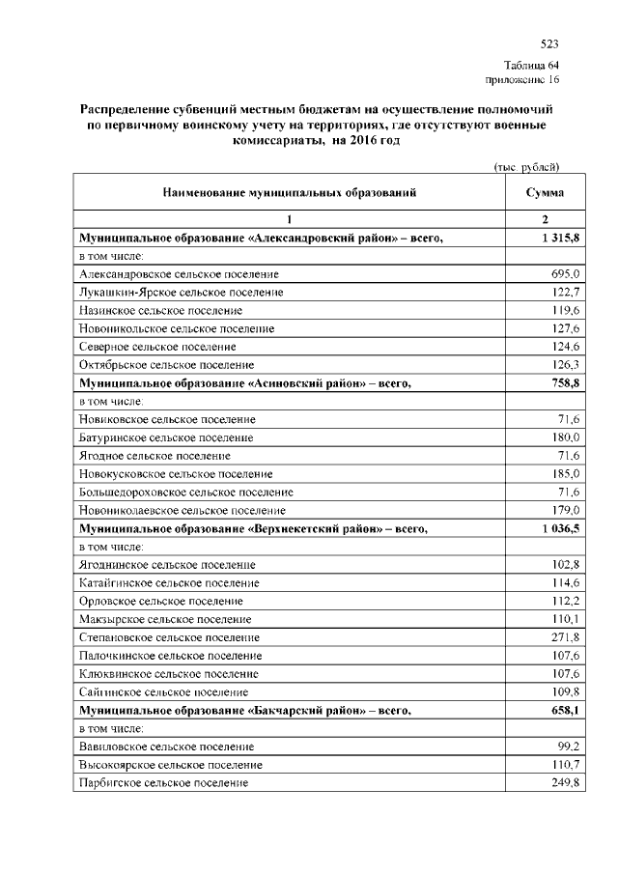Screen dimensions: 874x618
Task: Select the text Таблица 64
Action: coord(532,65)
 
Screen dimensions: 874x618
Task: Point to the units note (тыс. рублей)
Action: coord(527,167)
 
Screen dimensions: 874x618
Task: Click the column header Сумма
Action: coord(545,193)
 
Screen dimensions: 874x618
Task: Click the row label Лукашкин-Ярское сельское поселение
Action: coord(181,293)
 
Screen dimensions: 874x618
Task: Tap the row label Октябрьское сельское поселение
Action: coord(166,365)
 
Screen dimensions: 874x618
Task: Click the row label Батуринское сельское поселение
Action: coord(167,437)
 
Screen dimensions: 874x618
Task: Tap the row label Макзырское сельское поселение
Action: coord(165,619)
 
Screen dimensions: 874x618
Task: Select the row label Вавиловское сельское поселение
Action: coord(166,747)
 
